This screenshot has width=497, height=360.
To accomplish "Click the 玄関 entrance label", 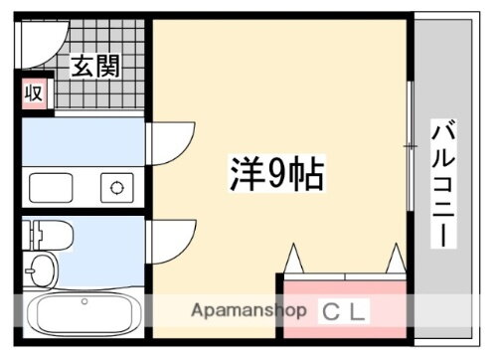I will point(95,67).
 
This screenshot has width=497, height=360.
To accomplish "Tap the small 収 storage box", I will point(33,94).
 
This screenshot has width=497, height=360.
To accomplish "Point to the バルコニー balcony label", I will point(443,184).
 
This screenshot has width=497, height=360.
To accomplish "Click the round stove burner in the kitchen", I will point(116,186).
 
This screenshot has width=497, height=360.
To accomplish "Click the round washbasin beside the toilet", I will point(41,270).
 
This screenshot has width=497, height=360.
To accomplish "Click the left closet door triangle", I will point(295,259).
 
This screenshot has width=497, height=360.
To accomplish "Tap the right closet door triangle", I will point(395,259).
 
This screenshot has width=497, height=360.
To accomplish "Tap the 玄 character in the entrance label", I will point(82,67).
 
